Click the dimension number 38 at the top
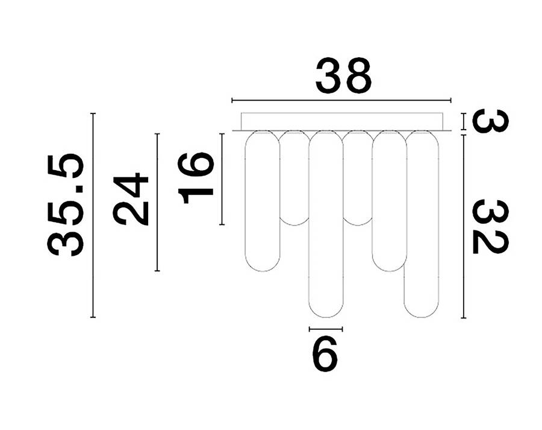[x=343, y=75]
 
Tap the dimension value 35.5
[x=65, y=204]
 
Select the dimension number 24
[x=131, y=199]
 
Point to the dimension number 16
[x=195, y=178]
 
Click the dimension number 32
[x=490, y=227]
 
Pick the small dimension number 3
[x=490, y=121]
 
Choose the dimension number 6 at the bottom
[x=325, y=353]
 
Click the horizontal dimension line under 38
[x=341, y=100]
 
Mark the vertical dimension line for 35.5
[x=93, y=215]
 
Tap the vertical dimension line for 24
[x=157, y=202]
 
